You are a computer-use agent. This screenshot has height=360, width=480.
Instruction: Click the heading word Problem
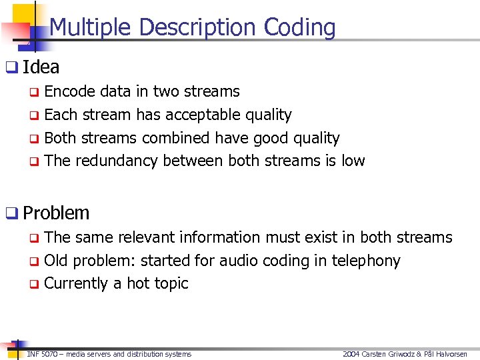point(56,213)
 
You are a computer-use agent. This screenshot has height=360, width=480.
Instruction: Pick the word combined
point(174,138)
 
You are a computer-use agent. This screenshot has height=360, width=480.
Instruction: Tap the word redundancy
point(117,161)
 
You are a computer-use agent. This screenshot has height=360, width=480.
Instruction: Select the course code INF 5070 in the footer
point(42,354)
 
